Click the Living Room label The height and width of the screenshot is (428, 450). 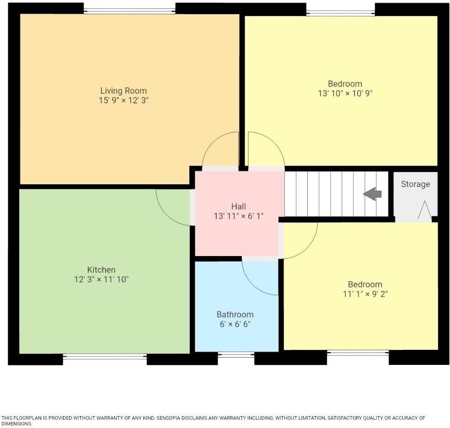123,91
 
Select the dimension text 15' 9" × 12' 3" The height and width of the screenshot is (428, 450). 123,100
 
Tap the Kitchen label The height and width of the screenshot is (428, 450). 101,269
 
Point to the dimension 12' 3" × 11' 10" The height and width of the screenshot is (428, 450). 101,279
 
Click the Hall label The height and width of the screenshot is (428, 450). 238,207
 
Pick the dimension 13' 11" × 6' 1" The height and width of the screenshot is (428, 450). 238,216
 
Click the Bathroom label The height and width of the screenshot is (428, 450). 235,315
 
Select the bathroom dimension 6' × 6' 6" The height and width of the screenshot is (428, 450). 235,324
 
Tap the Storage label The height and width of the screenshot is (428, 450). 415,184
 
